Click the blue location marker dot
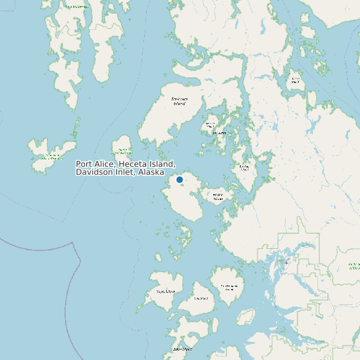point(179,179)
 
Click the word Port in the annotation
point(84,163)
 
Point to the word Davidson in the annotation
point(94,172)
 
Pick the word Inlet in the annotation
point(126,172)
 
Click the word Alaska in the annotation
point(151,172)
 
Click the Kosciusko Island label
point(179,101)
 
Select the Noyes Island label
point(165,291)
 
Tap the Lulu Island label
point(201,298)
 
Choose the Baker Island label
point(182,349)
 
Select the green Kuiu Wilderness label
point(76,6)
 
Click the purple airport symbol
point(286,262)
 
